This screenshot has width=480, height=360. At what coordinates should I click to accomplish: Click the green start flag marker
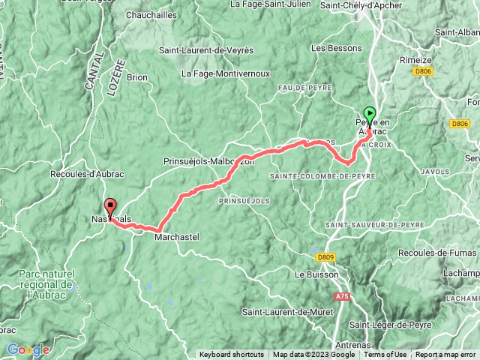tap(369, 114)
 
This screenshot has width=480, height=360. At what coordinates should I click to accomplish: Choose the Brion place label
tap(137, 76)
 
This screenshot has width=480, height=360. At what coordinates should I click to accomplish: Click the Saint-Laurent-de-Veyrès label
tap(206, 50)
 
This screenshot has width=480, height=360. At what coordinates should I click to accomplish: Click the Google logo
tap(28, 349)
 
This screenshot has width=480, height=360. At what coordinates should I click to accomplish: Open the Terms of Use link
tap(385, 355)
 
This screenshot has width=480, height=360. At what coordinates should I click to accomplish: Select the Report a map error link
tap(446, 355)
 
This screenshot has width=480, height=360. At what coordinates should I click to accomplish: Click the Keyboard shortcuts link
tap(232, 355)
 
